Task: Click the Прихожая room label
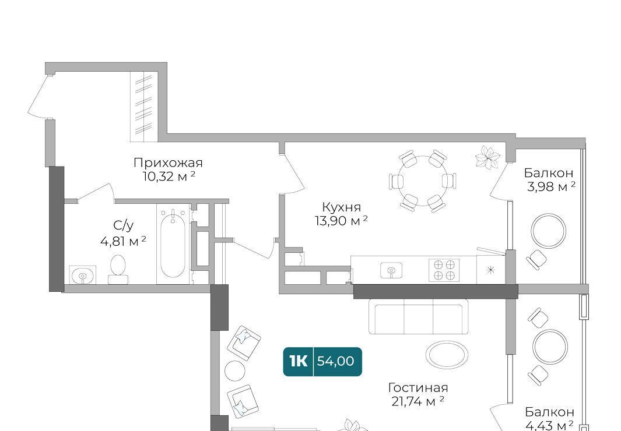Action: [168, 162]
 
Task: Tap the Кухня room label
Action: [341, 207]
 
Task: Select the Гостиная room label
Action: [418, 387]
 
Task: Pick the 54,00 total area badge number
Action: [335, 361]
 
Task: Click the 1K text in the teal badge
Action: [298, 361]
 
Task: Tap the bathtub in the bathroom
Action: [173, 243]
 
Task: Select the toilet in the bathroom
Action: [118, 270]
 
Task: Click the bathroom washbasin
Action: [82, 275]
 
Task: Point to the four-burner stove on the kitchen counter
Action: [444, 270]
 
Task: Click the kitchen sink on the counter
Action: [391, 270]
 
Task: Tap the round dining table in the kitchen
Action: [422, 181]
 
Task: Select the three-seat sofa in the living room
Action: [418, 316]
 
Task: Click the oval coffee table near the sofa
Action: [447, 355]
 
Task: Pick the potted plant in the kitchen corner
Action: [487, 157]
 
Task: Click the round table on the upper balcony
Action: [549, 231]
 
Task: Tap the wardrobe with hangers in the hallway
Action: [144, 107]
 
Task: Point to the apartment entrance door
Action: [39, 96]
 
